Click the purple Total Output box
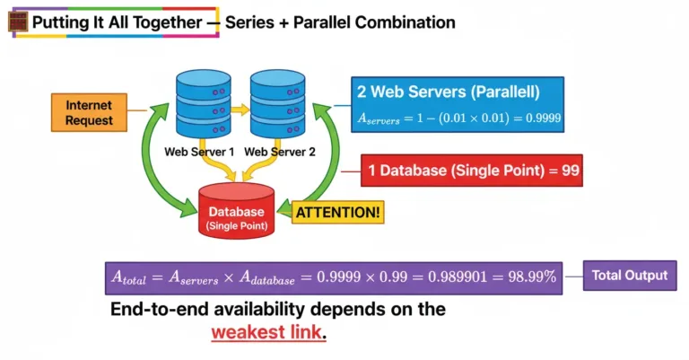(x=630, y=276)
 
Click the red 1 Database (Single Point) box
(x=472, y=170)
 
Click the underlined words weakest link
(x=268, y=333)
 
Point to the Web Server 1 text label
(x=199, y=152)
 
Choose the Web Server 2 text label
(x=280, y=152)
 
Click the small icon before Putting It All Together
(x=17, y=22)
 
